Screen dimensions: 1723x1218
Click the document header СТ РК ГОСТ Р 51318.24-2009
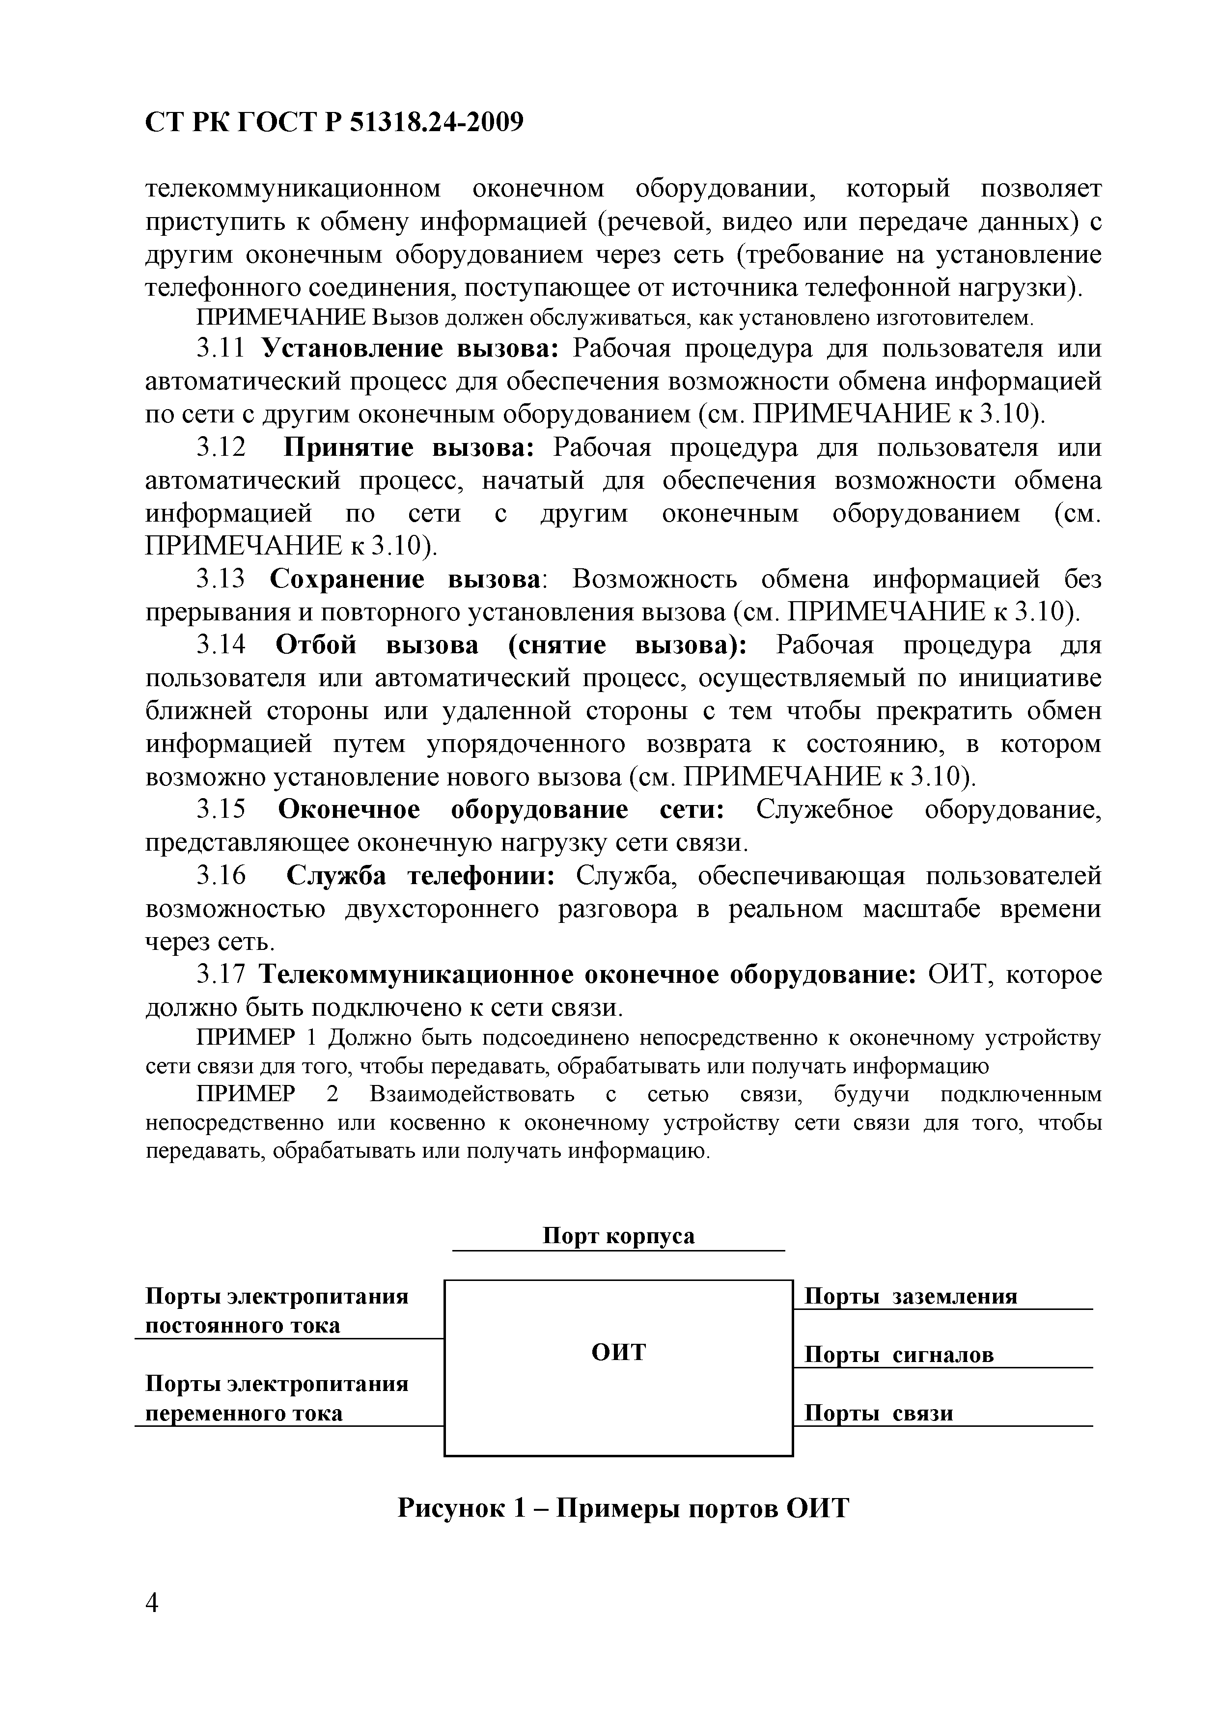pyautogui.click(x=334, y=121)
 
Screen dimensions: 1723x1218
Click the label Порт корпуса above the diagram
pyautogui.click(x=618, y=1236)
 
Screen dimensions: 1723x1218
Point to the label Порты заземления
pyautogui.click(x=911, y=1296)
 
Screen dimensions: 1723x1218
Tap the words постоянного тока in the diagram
pyautogui.click(x=243, y=1325)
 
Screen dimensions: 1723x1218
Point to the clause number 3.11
pyautogui.click(x=221, y=349)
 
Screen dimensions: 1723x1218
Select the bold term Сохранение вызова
pyautogui.click(x=405, y=580)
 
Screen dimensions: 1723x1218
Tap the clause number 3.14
pyautogui.click(x=221, y=645)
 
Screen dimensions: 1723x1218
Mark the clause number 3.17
pyautogui.click(x=221, y=975)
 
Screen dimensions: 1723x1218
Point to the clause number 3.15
pyautogui.click(x=221, y=810)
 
